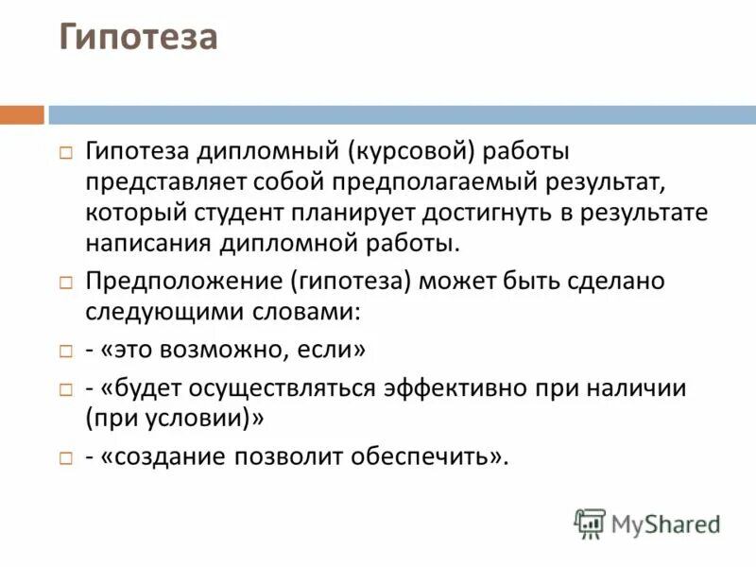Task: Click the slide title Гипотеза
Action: pos(139,39)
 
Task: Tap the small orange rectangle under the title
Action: pos(22,115)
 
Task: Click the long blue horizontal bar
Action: pos(402,115)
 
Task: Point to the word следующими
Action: pos(154,311)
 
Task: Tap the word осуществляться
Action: pos(286,389)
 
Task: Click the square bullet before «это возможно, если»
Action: pos(65,351)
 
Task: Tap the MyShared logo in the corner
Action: pos(647,523)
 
